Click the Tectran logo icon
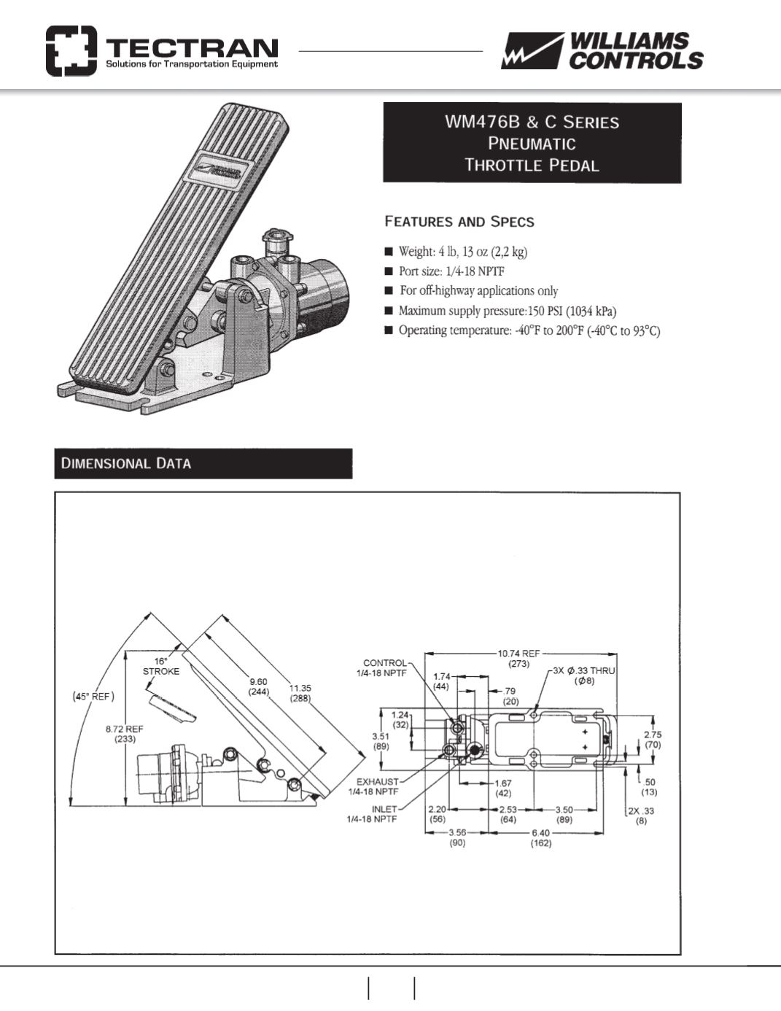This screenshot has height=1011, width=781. tap(71, 51)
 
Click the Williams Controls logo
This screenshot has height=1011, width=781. tap(602, 51)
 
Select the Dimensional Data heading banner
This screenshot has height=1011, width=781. tap(203, 463)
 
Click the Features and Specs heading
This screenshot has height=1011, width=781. tap(459, 222)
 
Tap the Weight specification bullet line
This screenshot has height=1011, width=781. tap(462, 252)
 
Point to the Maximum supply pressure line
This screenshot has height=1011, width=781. tap(507, 311)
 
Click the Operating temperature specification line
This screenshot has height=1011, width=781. tap(528, 330)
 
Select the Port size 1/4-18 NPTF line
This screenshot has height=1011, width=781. tap(451, 271)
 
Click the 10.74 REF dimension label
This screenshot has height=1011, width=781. tap(518, 659)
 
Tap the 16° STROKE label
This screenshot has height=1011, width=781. tap(160, 666)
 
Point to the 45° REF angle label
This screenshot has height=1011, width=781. tap(93, 696)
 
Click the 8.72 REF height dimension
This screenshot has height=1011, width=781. tap(124, 733)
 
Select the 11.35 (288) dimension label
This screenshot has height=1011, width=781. tap(300, 692)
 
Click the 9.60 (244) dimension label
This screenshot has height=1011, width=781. tap(258, 686)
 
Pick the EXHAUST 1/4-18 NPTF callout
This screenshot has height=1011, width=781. tap(376, 786)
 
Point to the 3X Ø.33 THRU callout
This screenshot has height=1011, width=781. tap(584, 675)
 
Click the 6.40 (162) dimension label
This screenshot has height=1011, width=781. tap(541, 837)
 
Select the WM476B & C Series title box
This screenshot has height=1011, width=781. tap(532, 143)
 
